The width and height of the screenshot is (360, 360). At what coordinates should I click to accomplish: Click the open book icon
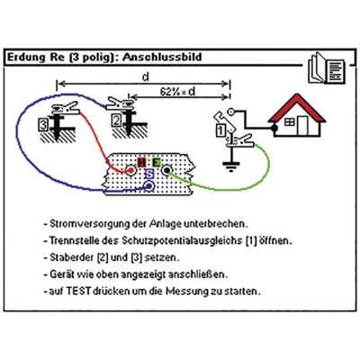point(327,68)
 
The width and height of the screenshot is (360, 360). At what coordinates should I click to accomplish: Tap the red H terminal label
point(141,163)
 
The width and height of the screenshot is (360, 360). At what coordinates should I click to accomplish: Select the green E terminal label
point(156,163)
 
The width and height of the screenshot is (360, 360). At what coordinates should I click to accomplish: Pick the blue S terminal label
point(149,174)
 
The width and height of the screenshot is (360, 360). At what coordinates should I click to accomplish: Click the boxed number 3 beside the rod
point(43,124)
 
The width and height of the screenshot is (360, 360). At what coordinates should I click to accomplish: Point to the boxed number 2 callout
point(117,121)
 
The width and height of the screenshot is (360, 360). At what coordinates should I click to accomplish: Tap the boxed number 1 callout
point(220,130)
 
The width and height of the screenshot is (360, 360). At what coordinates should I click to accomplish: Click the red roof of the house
point(297,107)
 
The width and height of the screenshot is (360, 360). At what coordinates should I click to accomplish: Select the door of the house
point(302,126)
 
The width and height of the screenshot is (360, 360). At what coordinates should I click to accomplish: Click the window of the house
point(290,121)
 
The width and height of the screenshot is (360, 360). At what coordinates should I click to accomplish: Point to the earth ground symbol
point(230,166)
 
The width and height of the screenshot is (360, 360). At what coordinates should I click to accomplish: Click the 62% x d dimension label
point(177,92)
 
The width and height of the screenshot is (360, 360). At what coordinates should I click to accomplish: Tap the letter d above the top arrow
point(146,77)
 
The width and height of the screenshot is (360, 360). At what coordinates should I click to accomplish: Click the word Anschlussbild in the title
point(162,57)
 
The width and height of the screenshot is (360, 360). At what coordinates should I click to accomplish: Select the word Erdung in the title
point(25,57)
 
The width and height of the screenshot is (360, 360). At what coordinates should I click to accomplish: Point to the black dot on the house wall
point(274,129)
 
